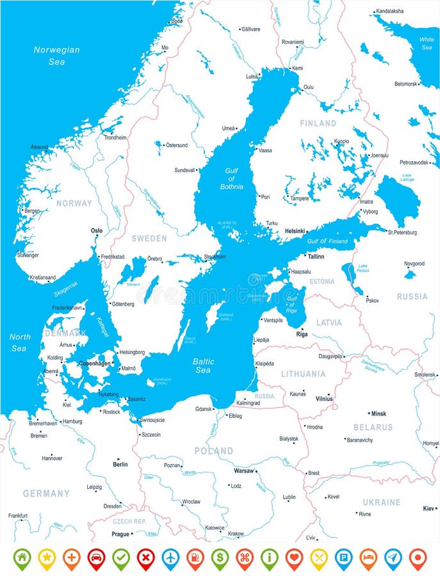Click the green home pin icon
click(x=22, y=557)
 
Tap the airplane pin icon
click(x=170, y=557)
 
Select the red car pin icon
click(x=96, y=557)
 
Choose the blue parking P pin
click(x=343, y=557)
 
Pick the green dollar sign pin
click(x=220, y=557)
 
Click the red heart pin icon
click(x=294, y=557)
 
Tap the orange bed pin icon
click(x=368, y=557)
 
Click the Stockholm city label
click(x=215, y=257)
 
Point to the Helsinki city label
click(x=295, y=231)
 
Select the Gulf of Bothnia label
click(x=231, y=179)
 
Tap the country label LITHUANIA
click(x=303, y=374)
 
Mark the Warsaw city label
click(x=243, y=470)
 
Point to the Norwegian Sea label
click(x=56, y=56)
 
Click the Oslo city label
click(x=97, y=230)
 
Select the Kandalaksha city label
click(x=389, y=11)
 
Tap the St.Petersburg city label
click(x=402, y=232)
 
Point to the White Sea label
click(x=427, y=43)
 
